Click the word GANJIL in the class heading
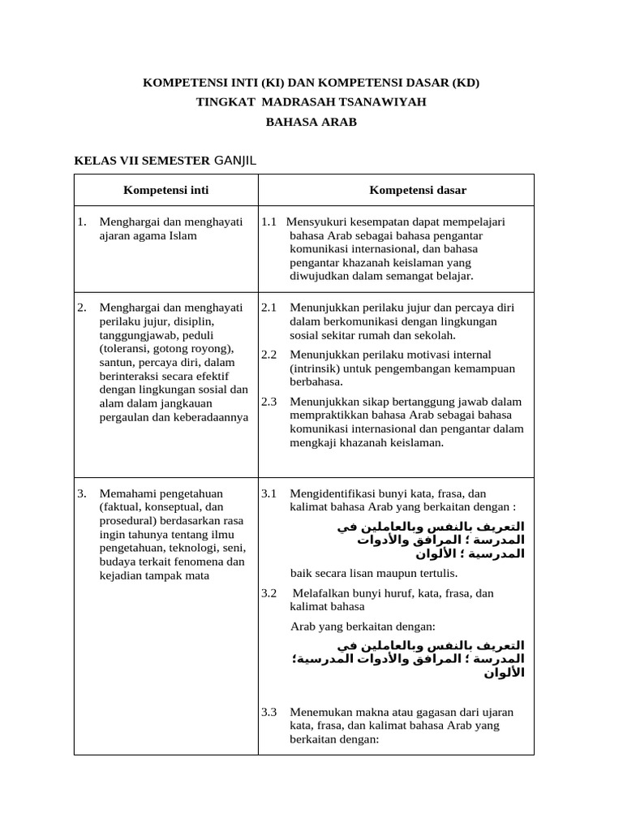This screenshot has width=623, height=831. [x=234, y=160]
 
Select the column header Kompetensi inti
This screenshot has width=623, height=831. [x=165, y=190]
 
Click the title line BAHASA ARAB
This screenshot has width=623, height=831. [x=311, y=123]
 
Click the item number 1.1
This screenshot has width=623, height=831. [x=269, y=221]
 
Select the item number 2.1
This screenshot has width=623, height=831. [x=269, y=308]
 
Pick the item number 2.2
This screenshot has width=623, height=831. [x=269, y=355]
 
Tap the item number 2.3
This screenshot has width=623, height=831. [x=269, y=402]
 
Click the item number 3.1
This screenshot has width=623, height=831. [x=269, y=493]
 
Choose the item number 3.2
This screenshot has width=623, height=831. [x=269, y=593]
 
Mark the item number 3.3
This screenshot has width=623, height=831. [x=269, y=712]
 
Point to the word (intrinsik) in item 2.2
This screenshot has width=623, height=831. [x=316, y=368]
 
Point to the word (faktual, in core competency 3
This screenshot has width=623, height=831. [x=121, y=507]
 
